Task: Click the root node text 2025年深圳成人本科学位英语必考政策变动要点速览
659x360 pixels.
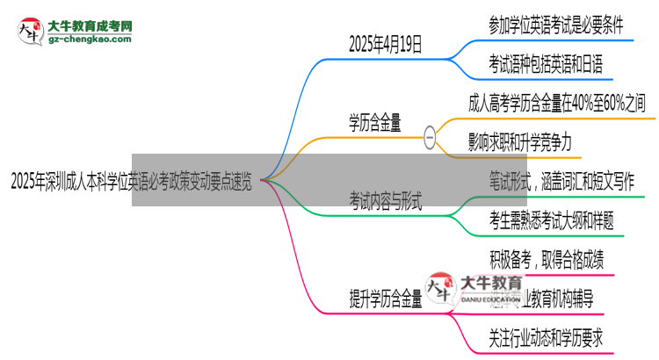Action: coord(132,182)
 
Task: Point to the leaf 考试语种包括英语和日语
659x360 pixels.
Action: coord(546,64)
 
